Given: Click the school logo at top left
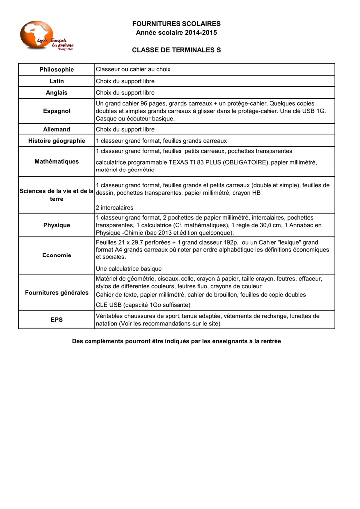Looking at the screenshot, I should [47, 36].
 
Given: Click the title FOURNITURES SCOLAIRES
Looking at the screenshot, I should [176, 24].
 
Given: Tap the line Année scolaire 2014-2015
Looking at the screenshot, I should [176, 33].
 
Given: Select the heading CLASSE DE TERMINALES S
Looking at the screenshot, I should [176, 51].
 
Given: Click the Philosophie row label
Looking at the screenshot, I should [57, 70].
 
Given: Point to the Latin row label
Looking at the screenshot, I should [57, 81].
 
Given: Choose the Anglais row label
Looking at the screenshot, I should [57, 93].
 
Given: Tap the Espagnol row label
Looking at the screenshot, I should [57, 111].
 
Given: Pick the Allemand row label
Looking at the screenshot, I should [57, 130].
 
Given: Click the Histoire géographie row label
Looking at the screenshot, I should [57, 141].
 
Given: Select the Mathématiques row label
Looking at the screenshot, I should [57, 162].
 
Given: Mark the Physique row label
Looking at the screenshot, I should [57, 225].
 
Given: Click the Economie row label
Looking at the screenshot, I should [57, 255].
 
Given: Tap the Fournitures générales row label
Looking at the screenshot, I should [57, 293].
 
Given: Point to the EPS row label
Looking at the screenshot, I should [57, 320].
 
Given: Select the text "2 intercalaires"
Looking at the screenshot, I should [114, 208].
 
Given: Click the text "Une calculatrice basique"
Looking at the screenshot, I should [128, 269].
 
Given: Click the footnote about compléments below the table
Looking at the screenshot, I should [177, 342].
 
